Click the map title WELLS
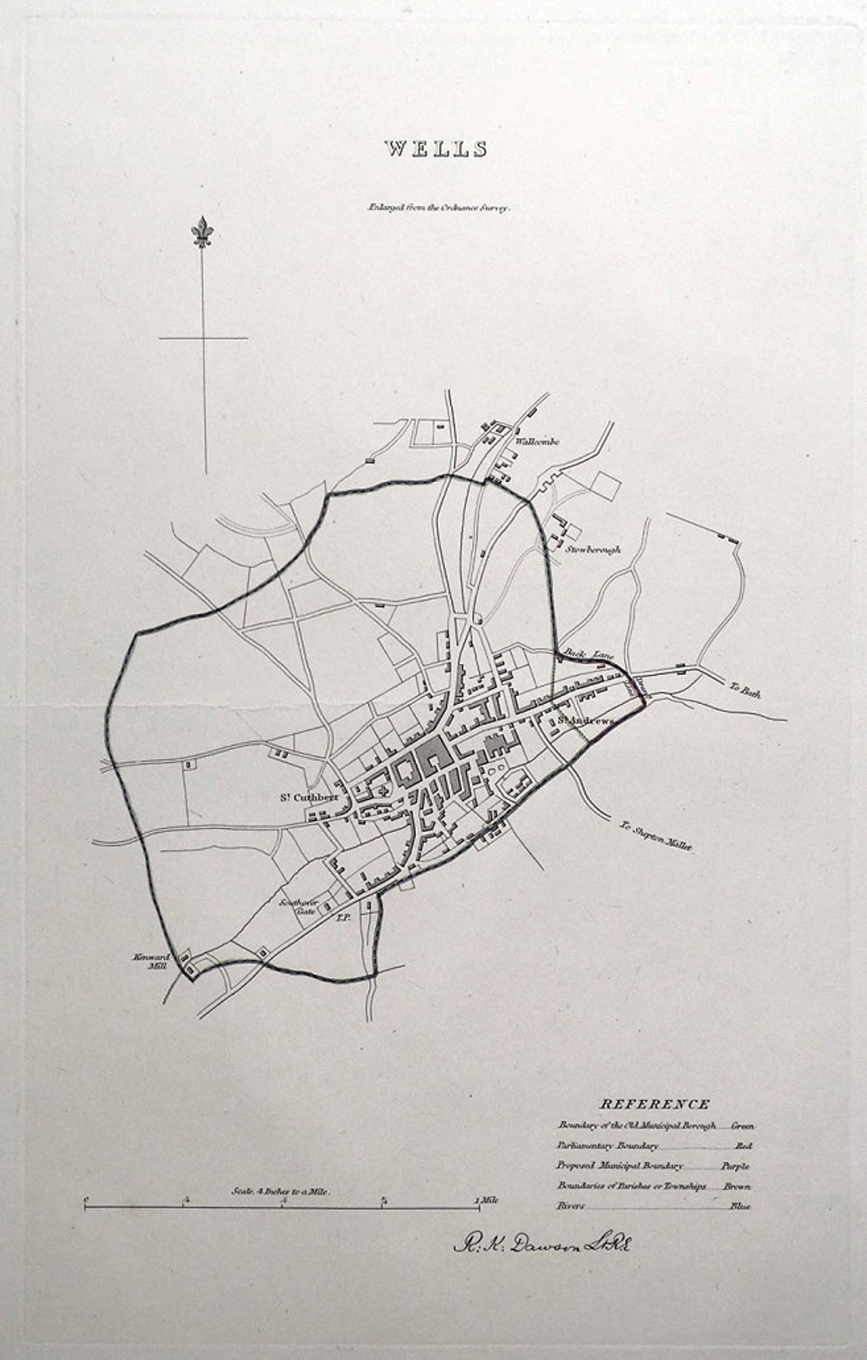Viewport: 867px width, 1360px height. pos(436,149)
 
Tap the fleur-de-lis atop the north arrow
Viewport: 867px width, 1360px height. pos(202,232)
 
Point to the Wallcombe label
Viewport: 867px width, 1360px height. pos(536,442)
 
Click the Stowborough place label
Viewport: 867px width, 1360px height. pos(593,549)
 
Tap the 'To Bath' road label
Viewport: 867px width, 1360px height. pos(745,690)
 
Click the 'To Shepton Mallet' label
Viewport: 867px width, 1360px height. pos(655,836)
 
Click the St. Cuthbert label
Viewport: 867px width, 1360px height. pos(310,798)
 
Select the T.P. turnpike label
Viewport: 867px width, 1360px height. pos(344,918)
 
